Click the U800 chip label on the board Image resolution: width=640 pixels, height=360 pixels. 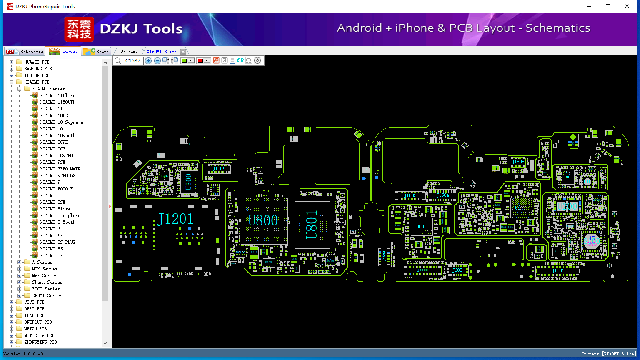263,220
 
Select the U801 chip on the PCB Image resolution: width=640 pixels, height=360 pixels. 312,225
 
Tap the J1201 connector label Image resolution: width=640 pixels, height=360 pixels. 175,219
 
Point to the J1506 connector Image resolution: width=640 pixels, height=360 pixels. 219,169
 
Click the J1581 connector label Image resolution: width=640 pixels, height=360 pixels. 558,271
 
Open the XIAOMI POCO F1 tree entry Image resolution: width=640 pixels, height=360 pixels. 57,189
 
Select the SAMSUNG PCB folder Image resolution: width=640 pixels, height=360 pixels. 38,69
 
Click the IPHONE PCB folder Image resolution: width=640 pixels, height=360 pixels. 37,75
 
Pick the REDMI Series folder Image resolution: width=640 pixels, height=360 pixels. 47,295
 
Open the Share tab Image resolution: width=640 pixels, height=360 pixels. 97,52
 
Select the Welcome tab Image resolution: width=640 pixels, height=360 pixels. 129,52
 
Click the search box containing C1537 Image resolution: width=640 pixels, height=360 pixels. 133,61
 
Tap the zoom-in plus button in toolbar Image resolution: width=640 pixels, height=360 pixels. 148,61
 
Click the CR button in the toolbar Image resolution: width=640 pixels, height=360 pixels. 240,61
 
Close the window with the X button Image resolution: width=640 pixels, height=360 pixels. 627,6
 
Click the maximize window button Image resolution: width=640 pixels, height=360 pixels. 608,6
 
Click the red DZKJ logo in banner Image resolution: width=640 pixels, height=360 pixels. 79,29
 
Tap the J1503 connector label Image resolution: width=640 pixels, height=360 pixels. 410,195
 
